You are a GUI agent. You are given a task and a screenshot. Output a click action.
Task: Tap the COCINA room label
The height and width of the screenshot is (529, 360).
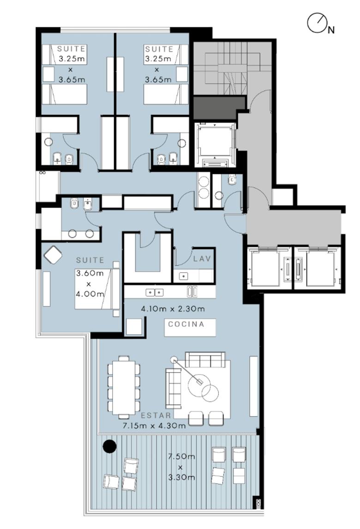point(186,324)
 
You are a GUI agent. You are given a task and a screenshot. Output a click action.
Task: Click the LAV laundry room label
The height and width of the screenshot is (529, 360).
point(202,259)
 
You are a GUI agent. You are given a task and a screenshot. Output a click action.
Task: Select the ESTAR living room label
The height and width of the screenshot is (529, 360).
point(156,415)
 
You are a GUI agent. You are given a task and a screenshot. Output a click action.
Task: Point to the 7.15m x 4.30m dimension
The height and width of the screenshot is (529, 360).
point(154,426)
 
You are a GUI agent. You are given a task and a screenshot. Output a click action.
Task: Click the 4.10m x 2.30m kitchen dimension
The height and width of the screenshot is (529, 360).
point(173,309)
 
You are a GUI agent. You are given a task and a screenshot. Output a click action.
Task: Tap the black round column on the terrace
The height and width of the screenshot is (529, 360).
point(109,446)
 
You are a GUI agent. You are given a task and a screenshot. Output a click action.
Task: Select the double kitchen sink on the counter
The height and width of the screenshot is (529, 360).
point(155,293)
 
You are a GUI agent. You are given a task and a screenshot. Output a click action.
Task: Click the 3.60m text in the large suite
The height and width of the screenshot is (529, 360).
point(90,274)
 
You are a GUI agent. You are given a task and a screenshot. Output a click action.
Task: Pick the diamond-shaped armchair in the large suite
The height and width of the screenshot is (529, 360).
point(53,255)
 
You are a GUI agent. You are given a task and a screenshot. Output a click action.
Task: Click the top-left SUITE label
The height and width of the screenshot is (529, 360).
point(71,49)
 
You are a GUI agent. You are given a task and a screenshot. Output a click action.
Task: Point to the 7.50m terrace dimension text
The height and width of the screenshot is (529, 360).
point(181,457)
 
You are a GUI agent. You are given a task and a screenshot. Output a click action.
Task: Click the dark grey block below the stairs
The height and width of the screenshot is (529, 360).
point(219,108)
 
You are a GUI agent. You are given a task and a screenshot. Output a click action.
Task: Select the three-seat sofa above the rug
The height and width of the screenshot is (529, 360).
point(205,360)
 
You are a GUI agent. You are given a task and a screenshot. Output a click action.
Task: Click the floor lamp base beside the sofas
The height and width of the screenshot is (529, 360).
point(174,360)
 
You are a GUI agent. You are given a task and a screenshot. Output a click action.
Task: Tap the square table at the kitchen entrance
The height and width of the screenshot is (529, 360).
point(134,326)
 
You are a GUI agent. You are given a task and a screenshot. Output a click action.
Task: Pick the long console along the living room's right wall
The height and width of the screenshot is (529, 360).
point(253,386)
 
